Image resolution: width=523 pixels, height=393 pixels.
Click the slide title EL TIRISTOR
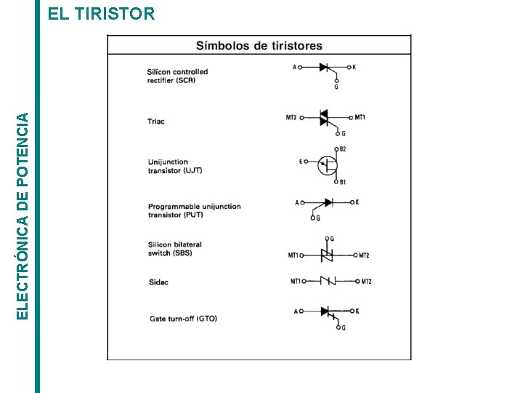[x=101, y=14]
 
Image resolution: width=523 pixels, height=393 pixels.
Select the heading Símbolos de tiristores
[x=259, y=46]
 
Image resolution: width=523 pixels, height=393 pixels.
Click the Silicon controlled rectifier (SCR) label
[x=177, y=76]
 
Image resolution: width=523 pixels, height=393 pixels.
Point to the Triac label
[x=156, y=122]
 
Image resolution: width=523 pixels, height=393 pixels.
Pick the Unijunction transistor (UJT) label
[x=174, y=166]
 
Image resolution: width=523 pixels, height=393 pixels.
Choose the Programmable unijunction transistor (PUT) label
[x=194, y=210]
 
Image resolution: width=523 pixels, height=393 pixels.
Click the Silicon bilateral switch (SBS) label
[x=174, y=249]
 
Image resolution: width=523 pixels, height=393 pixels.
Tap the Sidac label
[x=158, y=282]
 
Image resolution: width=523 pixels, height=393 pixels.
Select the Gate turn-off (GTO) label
[x=183, y=318]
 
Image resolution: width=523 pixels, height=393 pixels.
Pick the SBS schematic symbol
[x=327, y=255]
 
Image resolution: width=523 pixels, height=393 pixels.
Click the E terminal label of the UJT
[x=301, y=162]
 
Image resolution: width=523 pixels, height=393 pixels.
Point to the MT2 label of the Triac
[x=291, y=117]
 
